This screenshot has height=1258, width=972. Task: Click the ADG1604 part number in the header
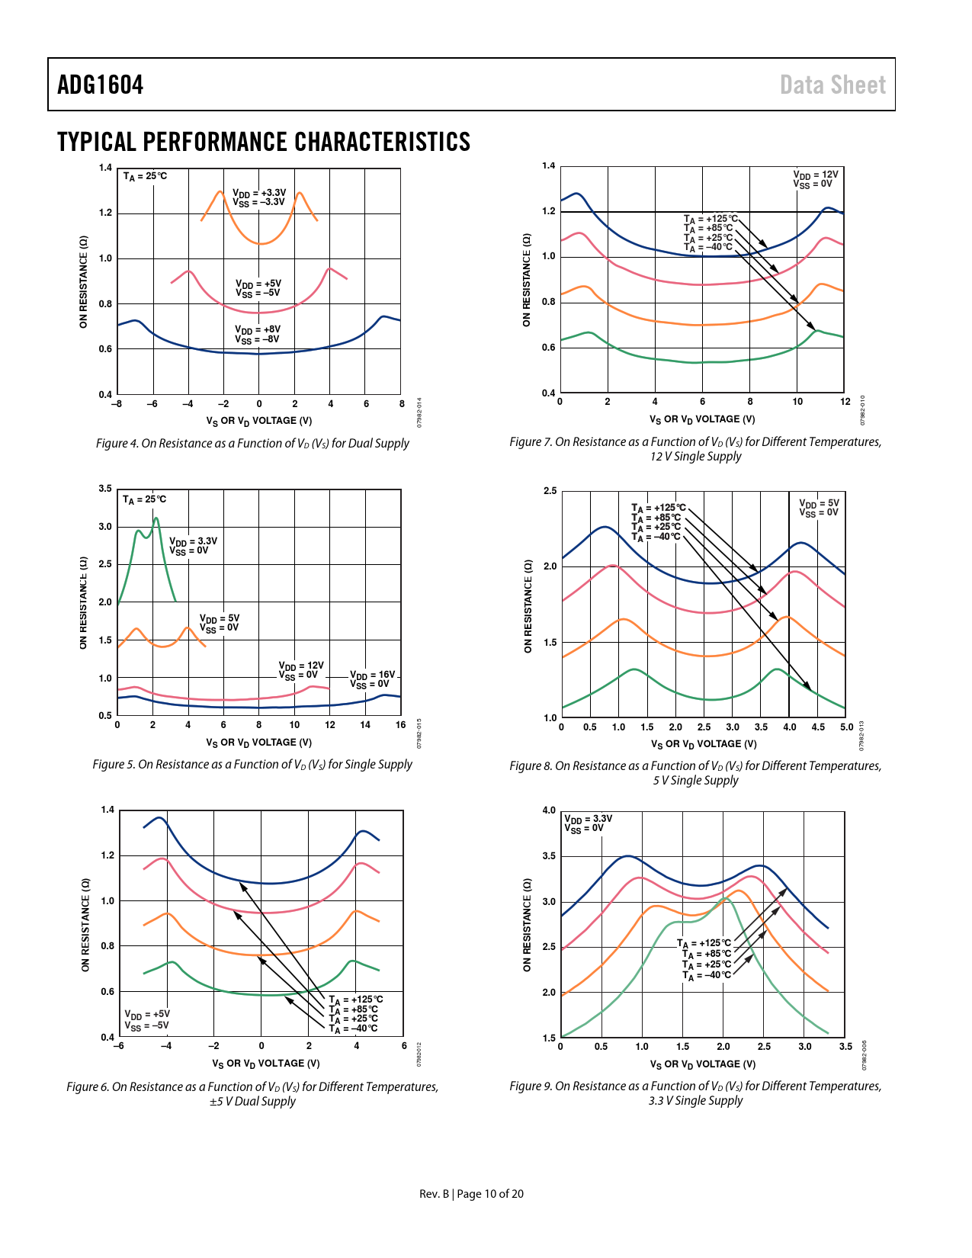pos(101,85)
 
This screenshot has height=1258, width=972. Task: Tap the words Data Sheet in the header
pos(832,85)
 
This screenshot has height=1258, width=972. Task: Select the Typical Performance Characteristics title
pos(264,143)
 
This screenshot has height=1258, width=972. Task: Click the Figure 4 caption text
pos(252,444)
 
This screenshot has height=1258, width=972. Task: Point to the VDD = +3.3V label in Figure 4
pos(259,193)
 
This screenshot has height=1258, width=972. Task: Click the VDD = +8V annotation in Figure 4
pos(258,330)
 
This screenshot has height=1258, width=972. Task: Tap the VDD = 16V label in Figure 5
pos(373,676)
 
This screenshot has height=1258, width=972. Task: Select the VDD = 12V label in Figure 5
pos(301,666)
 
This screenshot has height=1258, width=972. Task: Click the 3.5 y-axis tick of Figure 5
pos(105,489)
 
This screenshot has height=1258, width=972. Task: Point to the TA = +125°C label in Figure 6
pos(356,1000)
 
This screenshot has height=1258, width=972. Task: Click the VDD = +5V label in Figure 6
pos(147,1015)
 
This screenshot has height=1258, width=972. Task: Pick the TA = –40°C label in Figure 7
pos(708,247)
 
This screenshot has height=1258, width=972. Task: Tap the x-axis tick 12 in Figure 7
pos(845,402)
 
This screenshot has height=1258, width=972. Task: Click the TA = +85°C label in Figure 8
pos(656,518)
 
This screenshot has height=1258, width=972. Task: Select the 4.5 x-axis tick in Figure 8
pos(818,727)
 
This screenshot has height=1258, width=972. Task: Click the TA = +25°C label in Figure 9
pos(707,965)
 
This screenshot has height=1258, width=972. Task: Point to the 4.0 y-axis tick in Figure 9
pos(549,810)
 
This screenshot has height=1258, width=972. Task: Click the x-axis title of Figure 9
pos(703,1064)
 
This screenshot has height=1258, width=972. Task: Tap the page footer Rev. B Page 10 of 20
pos(471,1194)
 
